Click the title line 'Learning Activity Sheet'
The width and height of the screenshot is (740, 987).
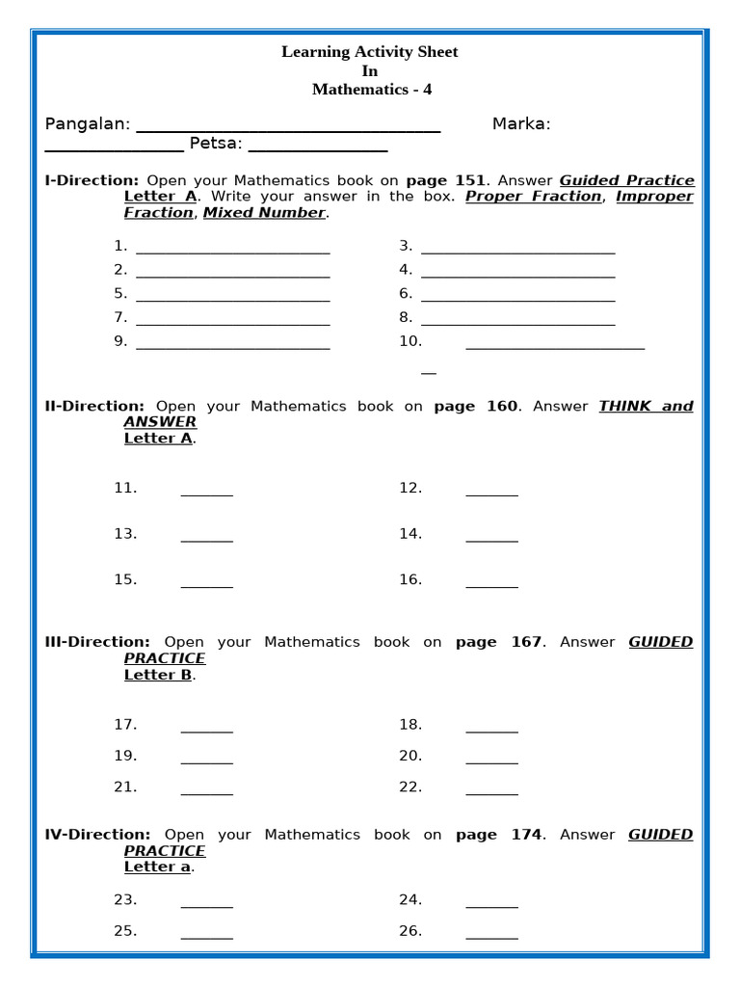tap(369, 52)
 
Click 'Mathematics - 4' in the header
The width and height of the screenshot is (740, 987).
tap(371, 90)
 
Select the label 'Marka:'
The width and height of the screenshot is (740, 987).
tap(520, 124)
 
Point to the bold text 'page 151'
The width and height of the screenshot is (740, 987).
tap(445, 180)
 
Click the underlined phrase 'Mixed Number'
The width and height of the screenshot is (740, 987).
tap(264, 213)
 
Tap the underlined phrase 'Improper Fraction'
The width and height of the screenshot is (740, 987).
tap(654, 197)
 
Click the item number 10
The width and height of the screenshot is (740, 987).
tap(410, 341)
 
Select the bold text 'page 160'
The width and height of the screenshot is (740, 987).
tap(475, 407)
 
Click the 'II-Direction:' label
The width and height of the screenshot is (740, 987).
tap(94, 407)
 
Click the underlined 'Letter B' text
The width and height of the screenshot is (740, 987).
tap(158, 675)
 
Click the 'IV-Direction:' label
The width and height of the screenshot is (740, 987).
tap(97, 835)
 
